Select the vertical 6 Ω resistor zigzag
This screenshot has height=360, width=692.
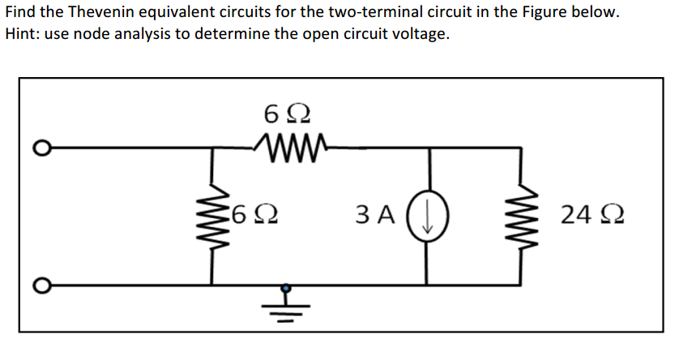click(213, 216)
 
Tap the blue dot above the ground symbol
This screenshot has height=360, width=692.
click(286, 286)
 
